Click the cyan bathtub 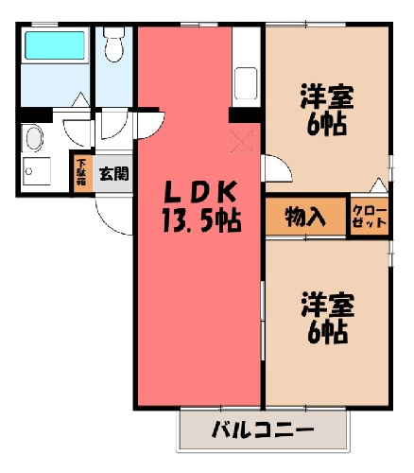[55, 45]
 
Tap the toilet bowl [114, 50]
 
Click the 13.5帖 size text [201, 220]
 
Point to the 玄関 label [114, 174]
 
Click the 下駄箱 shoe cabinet [82, 174]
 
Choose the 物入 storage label [305, 217]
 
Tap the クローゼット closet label [370, 217]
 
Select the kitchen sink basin [246, 83]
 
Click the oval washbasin [34, 138]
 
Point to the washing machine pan [37, 171]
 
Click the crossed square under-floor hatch [242, 142]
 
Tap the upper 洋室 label [327, 96]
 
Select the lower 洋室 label [328, 305]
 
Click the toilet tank [114, 32]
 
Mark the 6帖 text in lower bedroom [328, 333]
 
